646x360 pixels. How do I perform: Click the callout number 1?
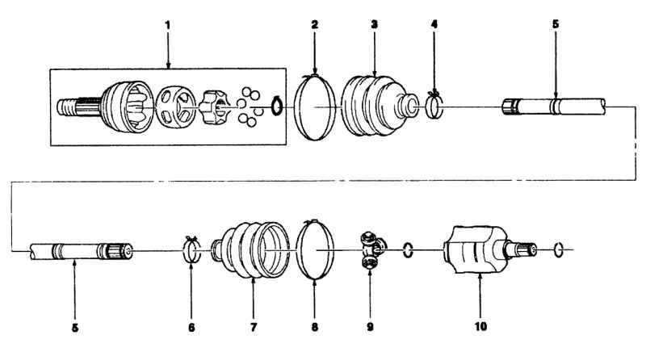click(x=167, y=25)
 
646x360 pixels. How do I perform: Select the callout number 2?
click(x=315, y=25)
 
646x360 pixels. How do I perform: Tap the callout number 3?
click(x=374, y=25)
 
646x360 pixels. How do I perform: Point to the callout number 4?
click(x=434, y=25)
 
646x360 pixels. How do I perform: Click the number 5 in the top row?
click(x=556, y=24)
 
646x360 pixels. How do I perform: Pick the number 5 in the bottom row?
click(x=74, y=328)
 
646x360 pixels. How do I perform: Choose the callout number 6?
click(x=191, y=328)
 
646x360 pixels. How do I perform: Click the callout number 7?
click(x=253, y=327)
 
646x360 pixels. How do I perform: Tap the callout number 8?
click(x=314, y=327)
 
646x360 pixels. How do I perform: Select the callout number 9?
click(x=370, y=327)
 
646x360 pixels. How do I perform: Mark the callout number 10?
click(x=480, y=326)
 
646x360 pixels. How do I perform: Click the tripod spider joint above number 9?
click(x=372, y=249)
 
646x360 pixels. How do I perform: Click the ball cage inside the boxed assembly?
click(x=177, y=107)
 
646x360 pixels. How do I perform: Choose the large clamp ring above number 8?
click(x=297, y=250)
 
